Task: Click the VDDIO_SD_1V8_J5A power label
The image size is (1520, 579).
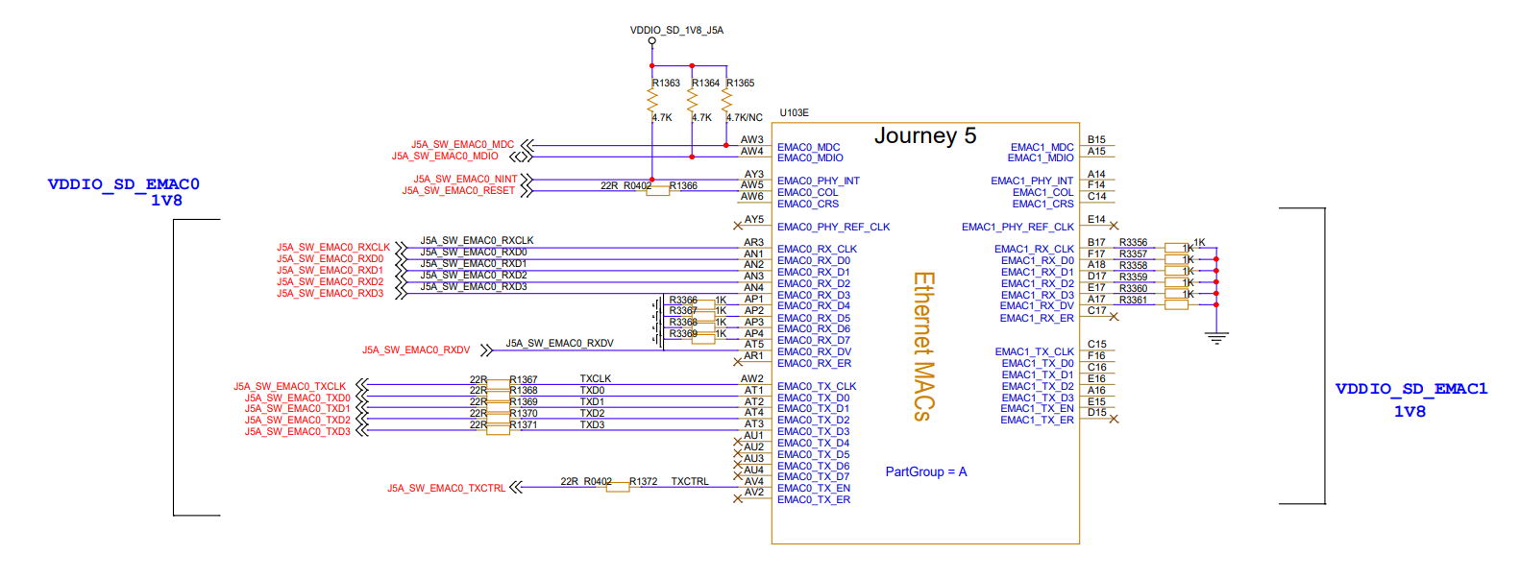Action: pyautogui.click(x=676, y=31)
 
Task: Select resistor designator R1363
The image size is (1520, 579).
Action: pyautogui.click(x=666, y=84)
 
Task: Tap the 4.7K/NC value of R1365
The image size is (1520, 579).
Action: pyautogui.click(x=745, y=118)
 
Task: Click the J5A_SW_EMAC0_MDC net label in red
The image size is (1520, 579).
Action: pyautogui.click(x=462, y=145)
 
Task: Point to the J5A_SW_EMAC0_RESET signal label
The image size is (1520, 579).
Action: pyautogui.click(x=458, y=191)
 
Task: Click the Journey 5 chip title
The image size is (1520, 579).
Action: pyautogui.click(x=924, y=136)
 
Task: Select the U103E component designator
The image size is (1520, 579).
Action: pyautogui.click(x=794, y=113)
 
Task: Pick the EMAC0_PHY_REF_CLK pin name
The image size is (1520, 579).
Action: pyautogui.click(x=833, y=228)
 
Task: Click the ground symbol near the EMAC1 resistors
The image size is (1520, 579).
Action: pyautogui.click(x=1216, y=337)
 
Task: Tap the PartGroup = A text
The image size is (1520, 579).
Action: pyautogui.click(x=925, y=472)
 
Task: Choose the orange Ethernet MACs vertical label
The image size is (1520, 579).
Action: pyautogui.click(x=922, y=347)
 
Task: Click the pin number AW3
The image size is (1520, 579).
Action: pyautogui.click(x=751, y=140)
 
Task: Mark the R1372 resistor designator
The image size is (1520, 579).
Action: pyautogui.click(x=643, y=482)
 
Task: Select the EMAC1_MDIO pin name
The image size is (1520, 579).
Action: pyautogui.click(x=1041, y=158)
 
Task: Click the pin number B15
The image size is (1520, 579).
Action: pyautogui.click(x=1096, y=140)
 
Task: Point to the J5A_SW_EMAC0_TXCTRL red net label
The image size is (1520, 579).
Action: pyautogui.click(x=446, y=489)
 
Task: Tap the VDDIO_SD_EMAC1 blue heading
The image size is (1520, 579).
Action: pyautogui.click(x=1410, y=389)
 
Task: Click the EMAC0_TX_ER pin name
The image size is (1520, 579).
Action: pyautogui.click(x=813, y=500)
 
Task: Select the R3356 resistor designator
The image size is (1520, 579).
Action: pyautogui.click(x=1133, y=243)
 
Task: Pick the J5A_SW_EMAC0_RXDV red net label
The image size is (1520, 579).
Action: pyautogui.click(x=416, y=350)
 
